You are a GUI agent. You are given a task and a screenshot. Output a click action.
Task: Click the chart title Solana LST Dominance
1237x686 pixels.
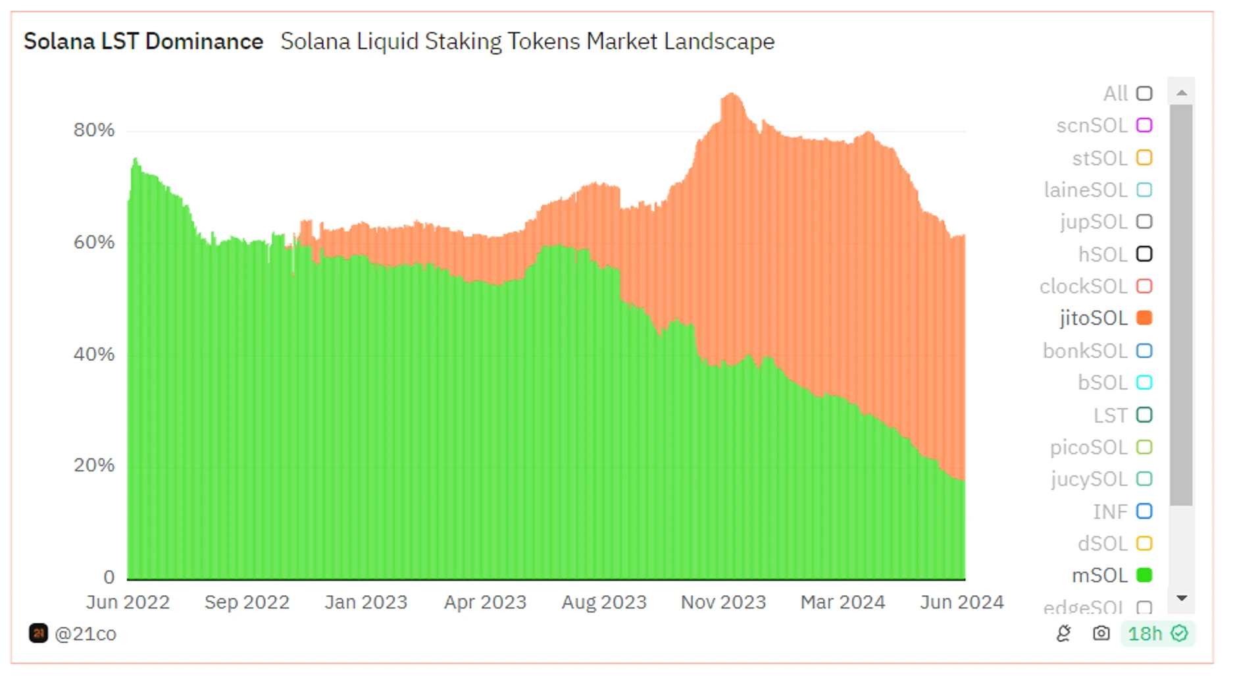pos(143,41)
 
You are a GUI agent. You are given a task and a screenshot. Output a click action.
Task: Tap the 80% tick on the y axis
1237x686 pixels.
pos(94,130)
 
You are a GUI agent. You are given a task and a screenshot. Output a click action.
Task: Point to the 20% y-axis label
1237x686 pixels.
pos(94,465)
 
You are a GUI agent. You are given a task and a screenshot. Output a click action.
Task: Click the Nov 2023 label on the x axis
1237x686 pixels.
pos(723,602)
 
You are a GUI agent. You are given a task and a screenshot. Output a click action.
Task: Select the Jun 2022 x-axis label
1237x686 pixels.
pos(128,602)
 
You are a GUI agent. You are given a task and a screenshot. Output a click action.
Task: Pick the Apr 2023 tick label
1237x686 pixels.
pos(485,602)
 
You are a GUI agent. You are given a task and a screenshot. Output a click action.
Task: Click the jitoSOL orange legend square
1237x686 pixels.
pos(1144,318)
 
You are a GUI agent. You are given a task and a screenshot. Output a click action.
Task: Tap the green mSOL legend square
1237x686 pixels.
pos(1144,575)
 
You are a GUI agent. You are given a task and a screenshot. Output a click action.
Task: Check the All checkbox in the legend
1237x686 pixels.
pos(1144,93)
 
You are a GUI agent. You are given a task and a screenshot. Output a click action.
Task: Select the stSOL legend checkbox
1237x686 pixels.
pos(1144,158)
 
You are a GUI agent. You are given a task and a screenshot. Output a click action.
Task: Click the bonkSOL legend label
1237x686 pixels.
pos(1085,351)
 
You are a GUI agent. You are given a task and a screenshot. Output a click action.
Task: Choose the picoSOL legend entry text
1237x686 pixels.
pos(1088,448)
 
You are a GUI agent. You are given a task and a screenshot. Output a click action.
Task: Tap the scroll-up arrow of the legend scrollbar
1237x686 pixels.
pos(1182,93)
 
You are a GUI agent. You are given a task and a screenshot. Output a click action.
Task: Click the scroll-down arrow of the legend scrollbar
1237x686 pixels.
pos(1182,598)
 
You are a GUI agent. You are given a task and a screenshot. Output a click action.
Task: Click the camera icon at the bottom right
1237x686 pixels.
pos(1101,633)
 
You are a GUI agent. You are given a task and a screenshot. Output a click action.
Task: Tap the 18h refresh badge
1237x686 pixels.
pos(1157,633)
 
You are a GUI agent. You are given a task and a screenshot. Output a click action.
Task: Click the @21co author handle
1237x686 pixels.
pos(85,633)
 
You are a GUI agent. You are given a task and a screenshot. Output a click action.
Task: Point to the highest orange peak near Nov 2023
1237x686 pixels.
pos(730,96)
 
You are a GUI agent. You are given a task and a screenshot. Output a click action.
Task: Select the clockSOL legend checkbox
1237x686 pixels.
pos(1144,286)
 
